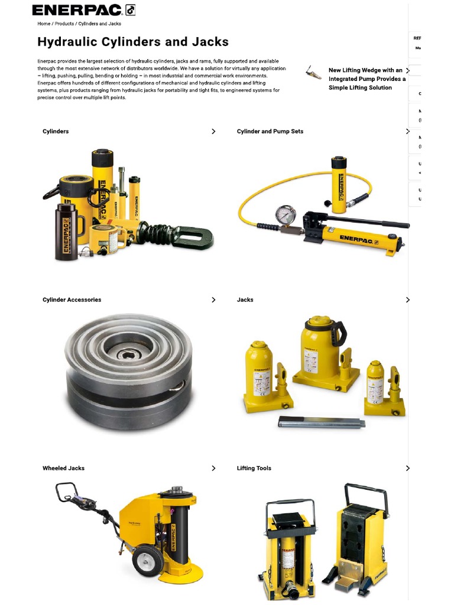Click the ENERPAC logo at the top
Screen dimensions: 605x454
(x=83, y=10)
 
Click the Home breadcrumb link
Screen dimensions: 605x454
(x=44, y=24)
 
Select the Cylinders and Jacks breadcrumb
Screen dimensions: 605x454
(x=99, y=24)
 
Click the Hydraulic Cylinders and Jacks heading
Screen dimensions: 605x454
(x=133, y=42)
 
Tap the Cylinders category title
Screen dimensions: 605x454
(x=56, y=131)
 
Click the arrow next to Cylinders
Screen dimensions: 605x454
(x=213, y=131)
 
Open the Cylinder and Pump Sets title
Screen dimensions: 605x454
(x=270, y=131)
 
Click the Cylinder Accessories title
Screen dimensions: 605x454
(x=72, y=300)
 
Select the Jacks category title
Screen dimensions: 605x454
(x=245, y=300)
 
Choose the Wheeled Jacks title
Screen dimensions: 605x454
(x=63, y=468)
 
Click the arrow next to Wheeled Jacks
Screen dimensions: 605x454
(x=213, y=468)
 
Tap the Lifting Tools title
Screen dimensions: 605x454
(x=254, y=468)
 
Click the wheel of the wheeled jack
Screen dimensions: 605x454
(x=147, y=560)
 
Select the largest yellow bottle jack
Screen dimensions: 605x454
(x=320, y=349)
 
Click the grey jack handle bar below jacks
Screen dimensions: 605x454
(x=322, y=422)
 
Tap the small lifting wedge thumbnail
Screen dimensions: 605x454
(x=313, y=73)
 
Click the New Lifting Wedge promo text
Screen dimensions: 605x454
(x=367, y=79)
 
